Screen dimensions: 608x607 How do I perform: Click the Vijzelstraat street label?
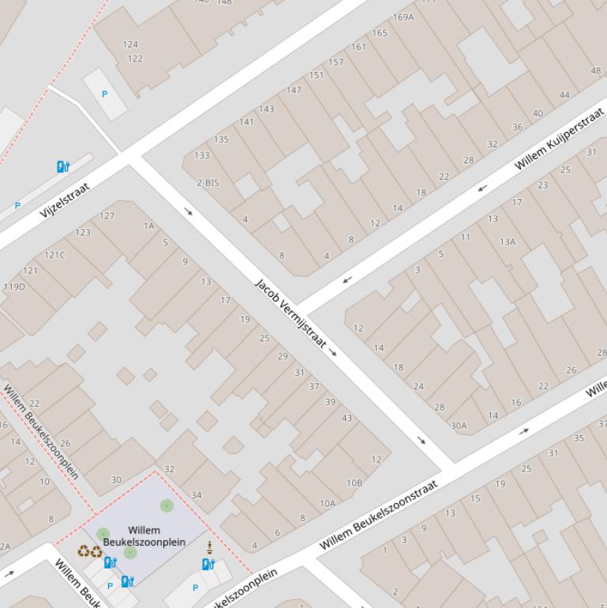click(65, 200)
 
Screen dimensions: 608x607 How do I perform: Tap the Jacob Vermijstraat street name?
click(290, 313)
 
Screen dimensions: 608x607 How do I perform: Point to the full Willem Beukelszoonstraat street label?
click(379, 515)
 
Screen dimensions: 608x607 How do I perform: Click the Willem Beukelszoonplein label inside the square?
click(144, 536)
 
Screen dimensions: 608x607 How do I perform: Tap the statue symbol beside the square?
click(209, 547)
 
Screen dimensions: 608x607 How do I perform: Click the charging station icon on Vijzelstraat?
click(64, 166)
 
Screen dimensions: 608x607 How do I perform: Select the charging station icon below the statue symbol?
click(208, 564)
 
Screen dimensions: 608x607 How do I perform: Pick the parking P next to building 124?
click(105, 94)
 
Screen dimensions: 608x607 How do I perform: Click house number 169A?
click(403, 17)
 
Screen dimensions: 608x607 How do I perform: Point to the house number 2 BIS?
click(208, 182)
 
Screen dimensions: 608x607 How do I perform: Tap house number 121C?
click(54, 255)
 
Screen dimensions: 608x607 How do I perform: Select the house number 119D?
click(13, 287)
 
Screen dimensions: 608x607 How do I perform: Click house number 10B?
click(354, 482)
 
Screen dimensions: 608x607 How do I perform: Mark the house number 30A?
click(459, 426)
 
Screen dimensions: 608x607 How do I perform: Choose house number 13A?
click(507, 242)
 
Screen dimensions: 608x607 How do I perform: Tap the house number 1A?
click(148, 226)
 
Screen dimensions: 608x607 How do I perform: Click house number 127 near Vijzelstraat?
click(107, 216)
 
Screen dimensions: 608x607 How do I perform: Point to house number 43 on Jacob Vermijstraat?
click(347, 418)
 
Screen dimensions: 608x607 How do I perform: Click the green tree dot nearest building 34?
click(167, 505)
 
